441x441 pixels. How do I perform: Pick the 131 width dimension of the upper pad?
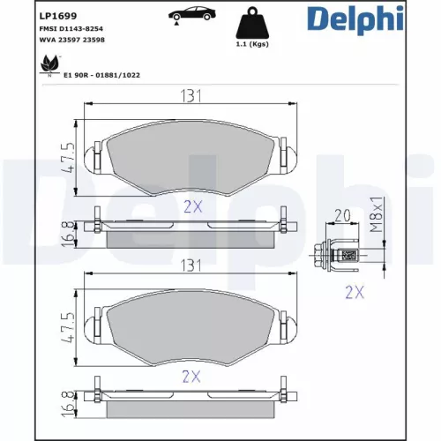click(186, 97)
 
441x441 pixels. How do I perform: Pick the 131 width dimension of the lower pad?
click(186, 265)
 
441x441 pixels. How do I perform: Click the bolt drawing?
click(345, 256)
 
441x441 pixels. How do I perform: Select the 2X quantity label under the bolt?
click(354, 293)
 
